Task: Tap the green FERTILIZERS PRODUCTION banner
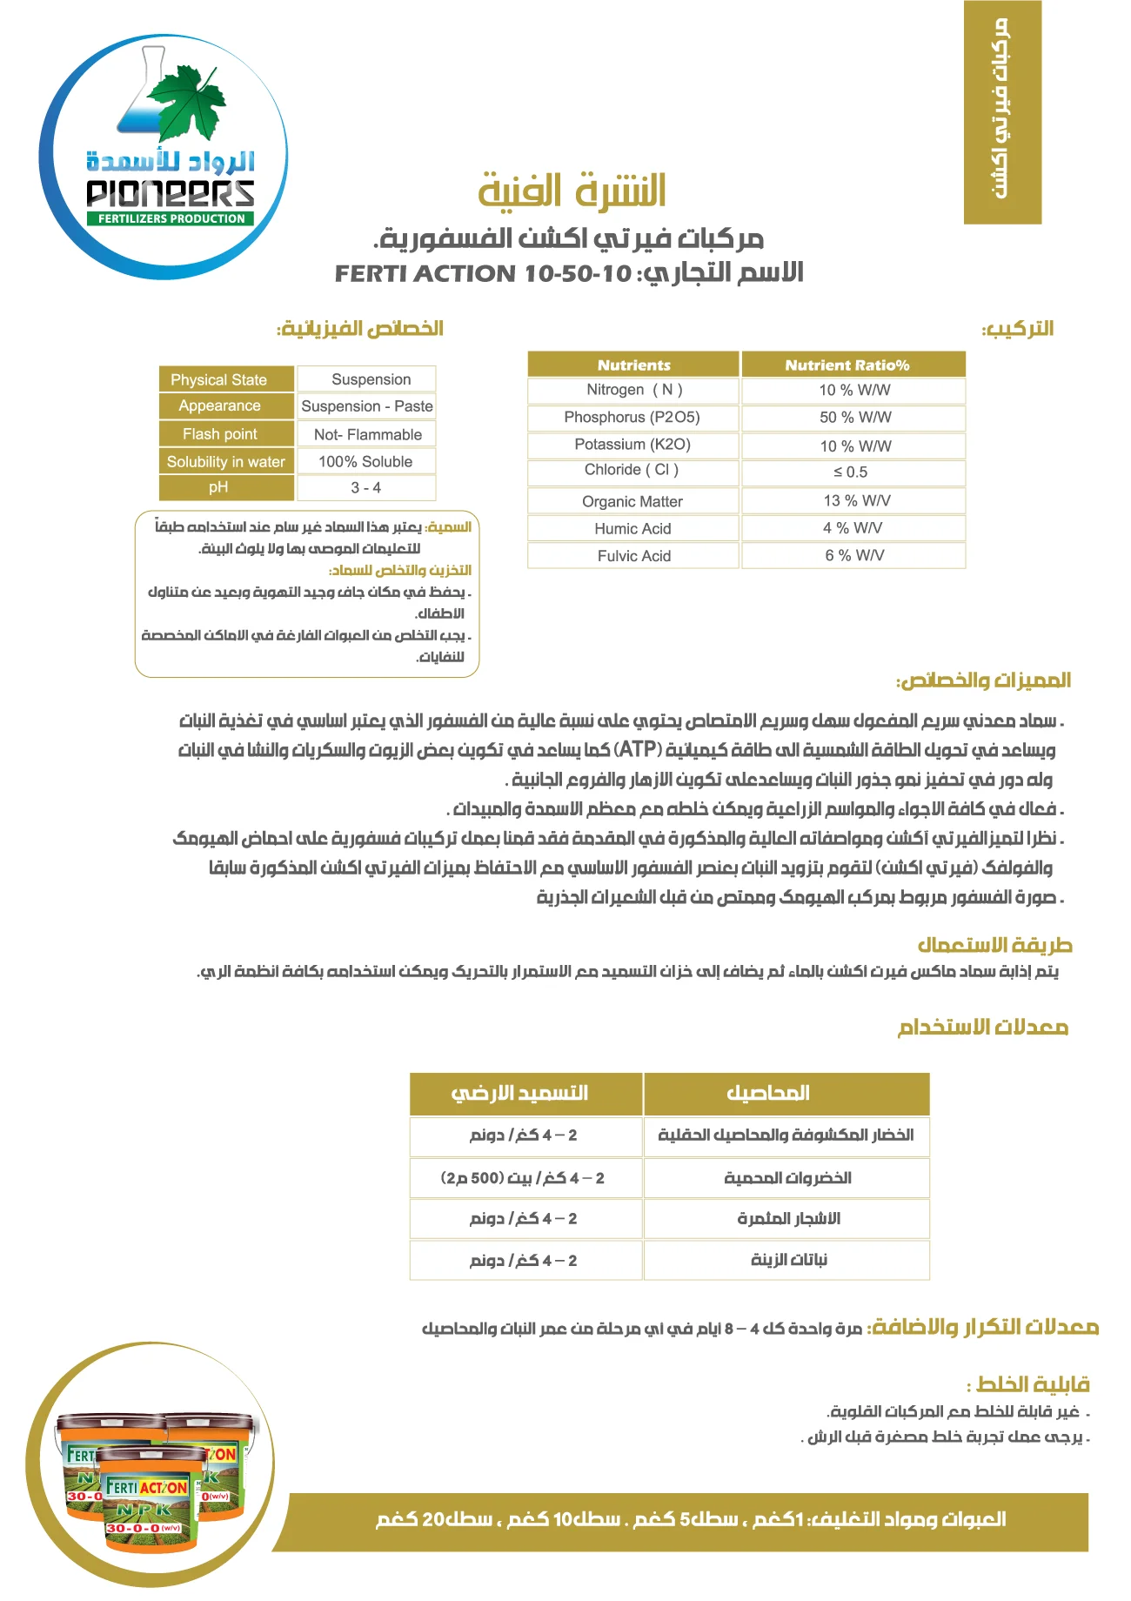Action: (x=171, y=218)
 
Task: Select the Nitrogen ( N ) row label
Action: (x=633, y=390)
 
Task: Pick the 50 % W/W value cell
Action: (x=854, y=418)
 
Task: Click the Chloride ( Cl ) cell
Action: (x=632, y=470)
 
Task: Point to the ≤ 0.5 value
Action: (x=850, y=472)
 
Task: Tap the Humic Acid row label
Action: (x=632, y=528)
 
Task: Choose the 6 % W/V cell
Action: (x=853, y=555)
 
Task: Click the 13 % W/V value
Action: (x=856, y=500)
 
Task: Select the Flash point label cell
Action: (x=220, y=434)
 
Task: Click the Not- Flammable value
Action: (x=367, y=434)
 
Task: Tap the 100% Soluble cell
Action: (x=365, y=461)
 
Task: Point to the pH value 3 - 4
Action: (x=365, y=487)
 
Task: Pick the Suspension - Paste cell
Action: (x=366, y=405)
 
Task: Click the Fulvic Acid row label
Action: (x=633, y=556)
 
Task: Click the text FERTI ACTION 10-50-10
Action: (x=483, y=274)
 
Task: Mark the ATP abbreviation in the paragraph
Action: (x=638, y=749)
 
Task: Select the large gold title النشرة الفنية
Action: (x=572, y=191)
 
